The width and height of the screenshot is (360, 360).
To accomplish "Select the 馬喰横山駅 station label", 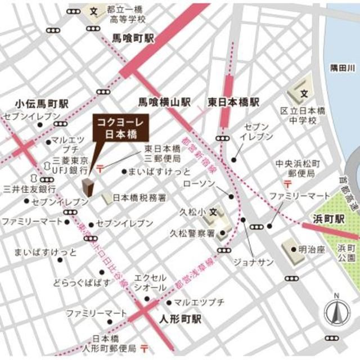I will [165, 102].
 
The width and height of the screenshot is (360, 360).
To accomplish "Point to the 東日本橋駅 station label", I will [233, 102].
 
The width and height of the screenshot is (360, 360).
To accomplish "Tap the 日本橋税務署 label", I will [139, 198].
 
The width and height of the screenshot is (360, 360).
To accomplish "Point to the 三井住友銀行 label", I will [29, 188].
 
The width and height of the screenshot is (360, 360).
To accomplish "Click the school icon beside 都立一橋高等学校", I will [94, 10].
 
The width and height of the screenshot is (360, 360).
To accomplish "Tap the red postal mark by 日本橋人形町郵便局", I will [145, 347].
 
